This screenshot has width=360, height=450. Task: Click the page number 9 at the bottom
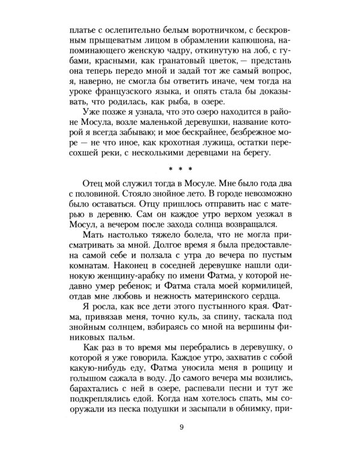point(181,427)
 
